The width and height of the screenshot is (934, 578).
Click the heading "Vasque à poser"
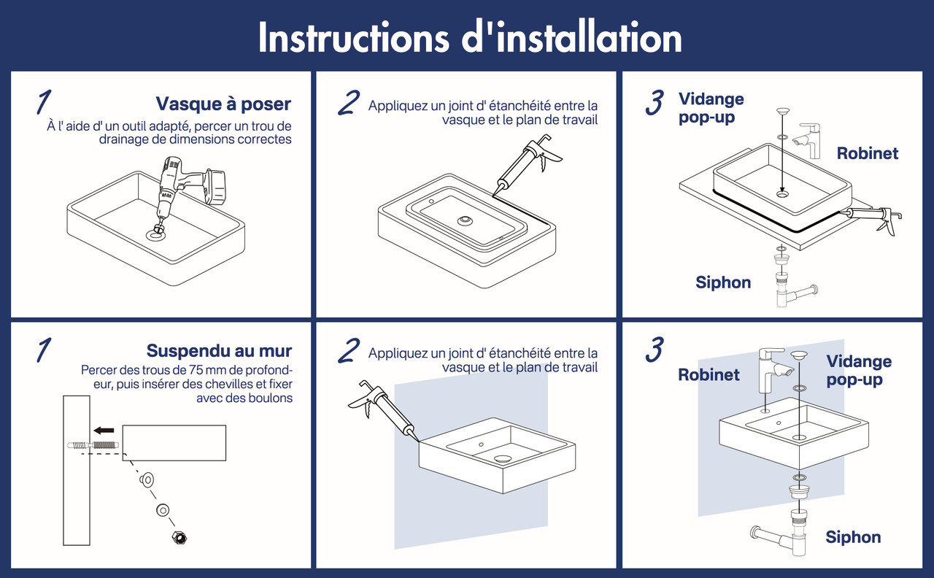[223, 104]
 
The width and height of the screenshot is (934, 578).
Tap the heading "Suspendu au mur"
[219, 351]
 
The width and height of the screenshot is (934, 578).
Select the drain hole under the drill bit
[155, 235]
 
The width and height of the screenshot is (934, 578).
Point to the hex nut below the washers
[180, 538]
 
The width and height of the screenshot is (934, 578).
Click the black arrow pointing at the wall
[104, 431]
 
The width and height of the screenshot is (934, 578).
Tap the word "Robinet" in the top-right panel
[868, 153]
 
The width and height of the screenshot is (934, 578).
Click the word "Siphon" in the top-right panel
[723, 282]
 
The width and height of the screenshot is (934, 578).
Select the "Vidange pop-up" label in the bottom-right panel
[859, 370]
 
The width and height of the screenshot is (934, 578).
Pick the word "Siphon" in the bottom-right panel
[853, 537]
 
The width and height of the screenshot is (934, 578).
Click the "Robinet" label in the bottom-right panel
[709, 374]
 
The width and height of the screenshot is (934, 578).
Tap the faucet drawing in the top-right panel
[807, 141]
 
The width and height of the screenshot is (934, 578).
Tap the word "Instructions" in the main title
[354, 37]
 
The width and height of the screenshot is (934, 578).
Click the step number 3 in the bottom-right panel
[655, 350]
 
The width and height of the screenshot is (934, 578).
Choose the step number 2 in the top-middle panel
[349, 103]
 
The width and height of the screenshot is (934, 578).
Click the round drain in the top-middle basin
[465, 220]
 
